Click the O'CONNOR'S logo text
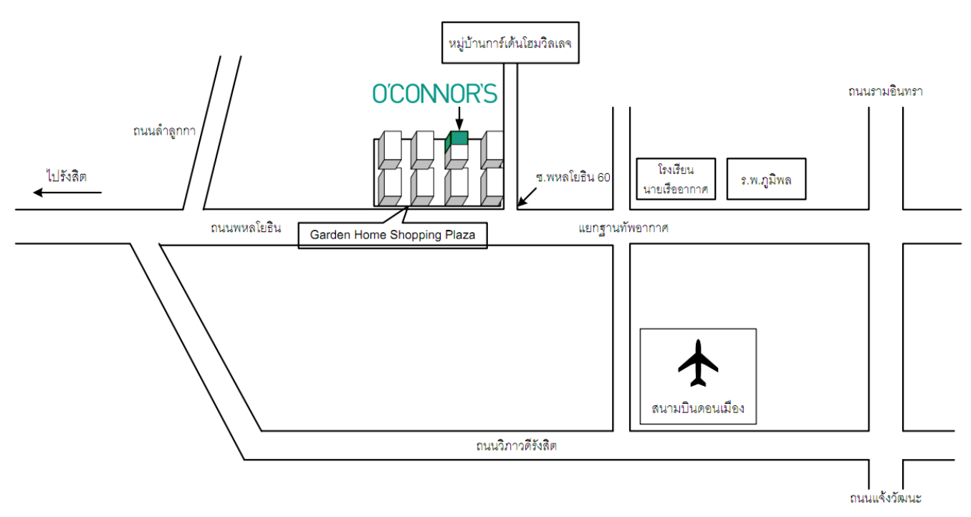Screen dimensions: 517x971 click(434, 94)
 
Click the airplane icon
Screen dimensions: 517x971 click(698, 364)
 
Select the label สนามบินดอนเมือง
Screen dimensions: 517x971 click(698, 409)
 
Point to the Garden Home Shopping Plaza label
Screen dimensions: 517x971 click(392, 234)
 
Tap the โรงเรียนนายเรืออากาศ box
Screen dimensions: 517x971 click(676, 179)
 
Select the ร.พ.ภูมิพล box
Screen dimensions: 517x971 click(766, 179)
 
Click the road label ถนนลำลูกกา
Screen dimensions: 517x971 click(164, 131)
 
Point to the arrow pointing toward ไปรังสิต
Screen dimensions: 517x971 click(67, 192)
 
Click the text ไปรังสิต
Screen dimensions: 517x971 click(66, 176)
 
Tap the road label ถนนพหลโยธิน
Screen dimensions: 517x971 click(246, 228)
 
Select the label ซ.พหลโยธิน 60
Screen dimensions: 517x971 click(573, 177)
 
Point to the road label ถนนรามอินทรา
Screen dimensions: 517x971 click(885, 92)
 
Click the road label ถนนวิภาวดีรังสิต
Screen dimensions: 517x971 click(516, 446)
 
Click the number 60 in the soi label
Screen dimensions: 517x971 click(603, 177)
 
